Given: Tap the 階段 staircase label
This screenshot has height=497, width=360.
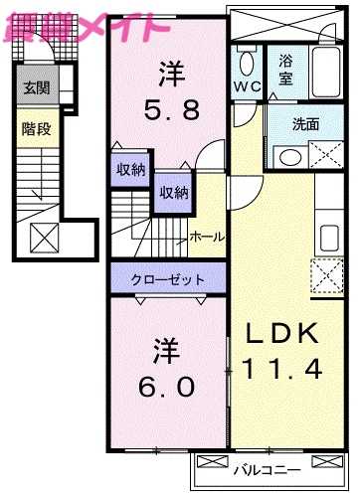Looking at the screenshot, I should point(34,128).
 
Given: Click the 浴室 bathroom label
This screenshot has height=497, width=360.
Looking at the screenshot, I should point(286,71).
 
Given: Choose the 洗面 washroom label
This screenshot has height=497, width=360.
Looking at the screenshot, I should point(304,126).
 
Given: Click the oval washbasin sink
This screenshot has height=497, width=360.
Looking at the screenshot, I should point(290,156).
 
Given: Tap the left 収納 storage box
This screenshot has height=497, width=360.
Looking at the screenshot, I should point(130,169).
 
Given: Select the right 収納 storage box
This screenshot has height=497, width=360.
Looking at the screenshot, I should point(172,193).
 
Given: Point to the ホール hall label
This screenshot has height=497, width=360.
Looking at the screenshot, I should point(207,237).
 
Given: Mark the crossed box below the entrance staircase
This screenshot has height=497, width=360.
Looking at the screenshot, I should point(44,239).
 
